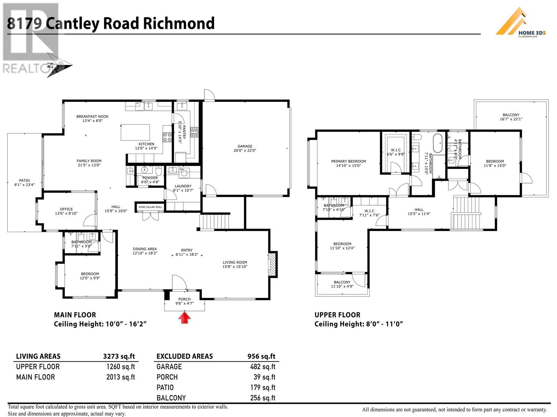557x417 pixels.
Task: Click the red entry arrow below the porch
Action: tap(185, 318)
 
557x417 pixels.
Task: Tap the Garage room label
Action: tap(245, 146)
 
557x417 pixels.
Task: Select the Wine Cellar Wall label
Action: tap(150, 207)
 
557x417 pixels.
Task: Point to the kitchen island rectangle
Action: tap(135, 132)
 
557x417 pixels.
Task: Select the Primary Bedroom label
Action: tap(348, 162)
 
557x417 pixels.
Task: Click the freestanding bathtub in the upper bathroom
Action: tap(438, 143)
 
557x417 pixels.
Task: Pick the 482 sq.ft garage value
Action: tap(262, 367)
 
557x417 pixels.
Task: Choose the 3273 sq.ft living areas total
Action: tap(119, 357)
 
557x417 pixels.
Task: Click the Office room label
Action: tap(66, 209)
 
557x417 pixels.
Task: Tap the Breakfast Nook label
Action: tap(92, 116)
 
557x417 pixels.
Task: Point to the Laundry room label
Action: tap(183, 186)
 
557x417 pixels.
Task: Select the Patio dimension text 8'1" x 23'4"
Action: tap(24, 185)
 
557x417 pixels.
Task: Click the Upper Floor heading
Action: tap(337, 315)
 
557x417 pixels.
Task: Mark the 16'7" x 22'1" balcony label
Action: tap(511, 119)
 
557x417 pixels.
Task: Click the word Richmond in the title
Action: tap(179, 23)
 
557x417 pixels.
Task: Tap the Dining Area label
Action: tap(145, 249)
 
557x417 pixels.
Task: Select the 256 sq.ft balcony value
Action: tap(262, 398)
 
